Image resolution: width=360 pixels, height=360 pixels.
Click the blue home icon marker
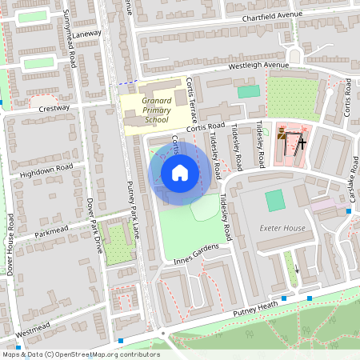pyautogui.click(x=180, y=173)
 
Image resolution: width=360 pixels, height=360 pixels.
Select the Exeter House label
pyautogui.click(x=282, y=228)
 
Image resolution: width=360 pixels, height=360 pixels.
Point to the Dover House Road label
pyautogui.click(x=10, y=243)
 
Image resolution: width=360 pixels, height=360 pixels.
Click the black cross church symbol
pyautogui.click(x=302, y=144)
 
